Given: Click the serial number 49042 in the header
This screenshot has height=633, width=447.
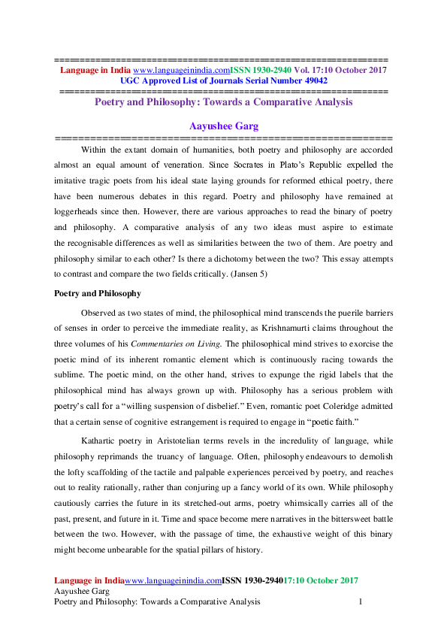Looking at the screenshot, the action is [312, 80].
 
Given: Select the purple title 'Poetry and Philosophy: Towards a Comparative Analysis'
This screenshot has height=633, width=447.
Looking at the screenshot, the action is [223, 101].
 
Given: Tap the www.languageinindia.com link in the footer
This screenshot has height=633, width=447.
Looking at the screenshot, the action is [172, 581].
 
